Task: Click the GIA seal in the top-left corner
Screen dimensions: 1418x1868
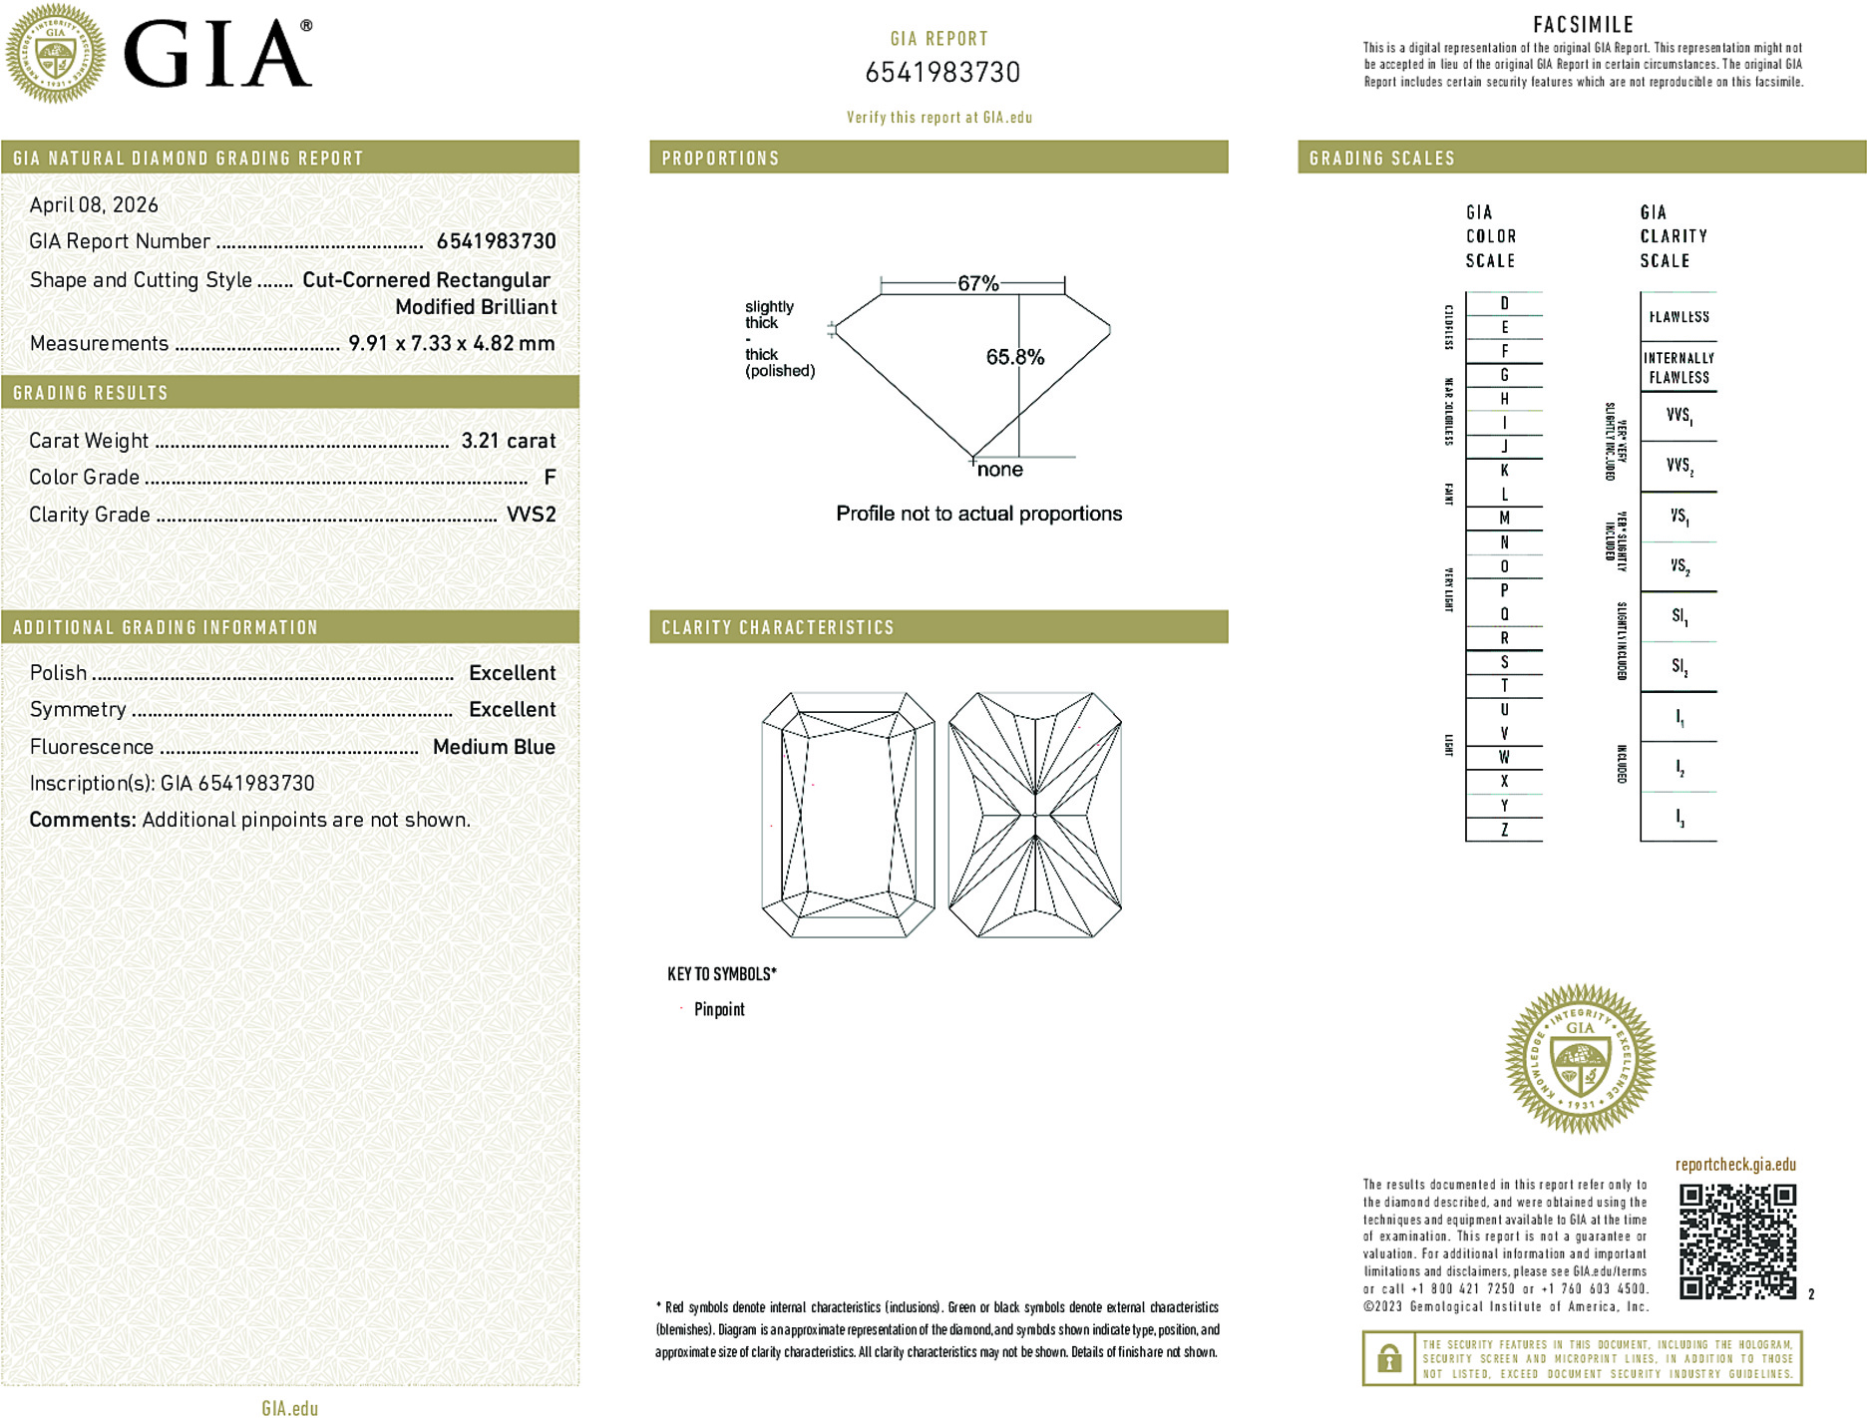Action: click(x=55, y=54)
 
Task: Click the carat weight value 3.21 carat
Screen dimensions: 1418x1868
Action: click(x=508, y=441)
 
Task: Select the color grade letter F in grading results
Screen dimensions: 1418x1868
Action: click(x=550, y=478)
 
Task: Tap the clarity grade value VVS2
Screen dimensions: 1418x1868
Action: click(x=531, y=515)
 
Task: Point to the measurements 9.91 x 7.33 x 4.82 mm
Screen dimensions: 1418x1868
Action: click(x=451, y=343)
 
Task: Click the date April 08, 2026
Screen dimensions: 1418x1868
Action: click(x=94, y=204)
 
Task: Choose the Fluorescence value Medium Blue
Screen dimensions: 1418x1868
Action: click(x=494, y=747)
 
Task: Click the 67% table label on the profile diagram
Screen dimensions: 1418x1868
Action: click(x=977, y=283)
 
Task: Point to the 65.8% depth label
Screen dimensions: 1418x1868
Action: click(x=1014, y=357)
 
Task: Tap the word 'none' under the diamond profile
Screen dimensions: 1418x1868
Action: click(x=999, y=470)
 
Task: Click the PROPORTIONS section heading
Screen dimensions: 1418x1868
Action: click(x=720, y=159)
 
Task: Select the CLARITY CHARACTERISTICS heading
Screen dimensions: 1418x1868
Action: click(x=778, y=627)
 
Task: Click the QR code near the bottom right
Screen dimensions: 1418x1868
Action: click(x=1736, y=1241)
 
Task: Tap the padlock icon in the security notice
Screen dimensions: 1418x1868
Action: click(x=1388, y=1358)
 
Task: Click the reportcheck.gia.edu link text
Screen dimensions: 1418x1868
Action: click(x=1735, y=1165)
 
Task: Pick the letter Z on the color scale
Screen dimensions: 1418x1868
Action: click(x=1504, y=830)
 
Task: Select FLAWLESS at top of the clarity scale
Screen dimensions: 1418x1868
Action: click(x=1679, y=317)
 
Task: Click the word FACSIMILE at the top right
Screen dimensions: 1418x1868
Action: click(x=1583, y=25)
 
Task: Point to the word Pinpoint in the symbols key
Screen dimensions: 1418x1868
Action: click(x=719, y=1009)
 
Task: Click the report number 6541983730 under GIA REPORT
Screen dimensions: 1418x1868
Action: click(x=942, y=73)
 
